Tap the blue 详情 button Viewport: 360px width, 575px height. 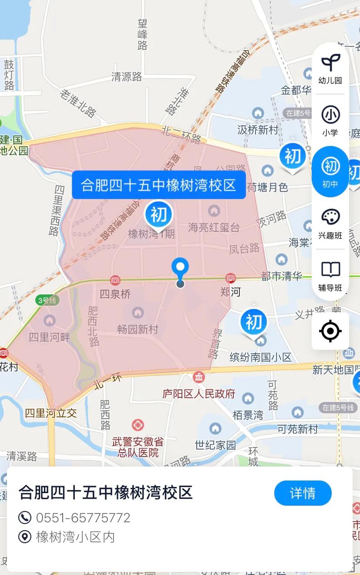pos(303,493)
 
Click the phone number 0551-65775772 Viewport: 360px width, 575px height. pos(83,517)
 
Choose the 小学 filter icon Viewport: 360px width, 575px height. pos(330,120)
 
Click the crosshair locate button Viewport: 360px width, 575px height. pos(330,331)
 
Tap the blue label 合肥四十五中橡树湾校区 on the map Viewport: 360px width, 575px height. pos(158,185)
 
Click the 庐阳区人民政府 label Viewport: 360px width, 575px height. pos(199,394)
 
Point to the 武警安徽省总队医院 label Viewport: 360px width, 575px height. pos(138,447)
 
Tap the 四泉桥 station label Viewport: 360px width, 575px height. pos(115,294)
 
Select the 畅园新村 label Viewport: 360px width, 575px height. pos(138,329)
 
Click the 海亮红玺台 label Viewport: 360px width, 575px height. pos(214,227)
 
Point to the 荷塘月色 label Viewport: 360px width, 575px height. pos(268,187)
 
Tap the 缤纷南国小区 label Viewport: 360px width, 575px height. pos(260,357)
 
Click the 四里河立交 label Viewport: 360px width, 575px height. pos(51,413)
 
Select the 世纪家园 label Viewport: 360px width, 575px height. pos(215,445)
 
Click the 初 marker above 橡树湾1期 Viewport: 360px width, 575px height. pos(158,214)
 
